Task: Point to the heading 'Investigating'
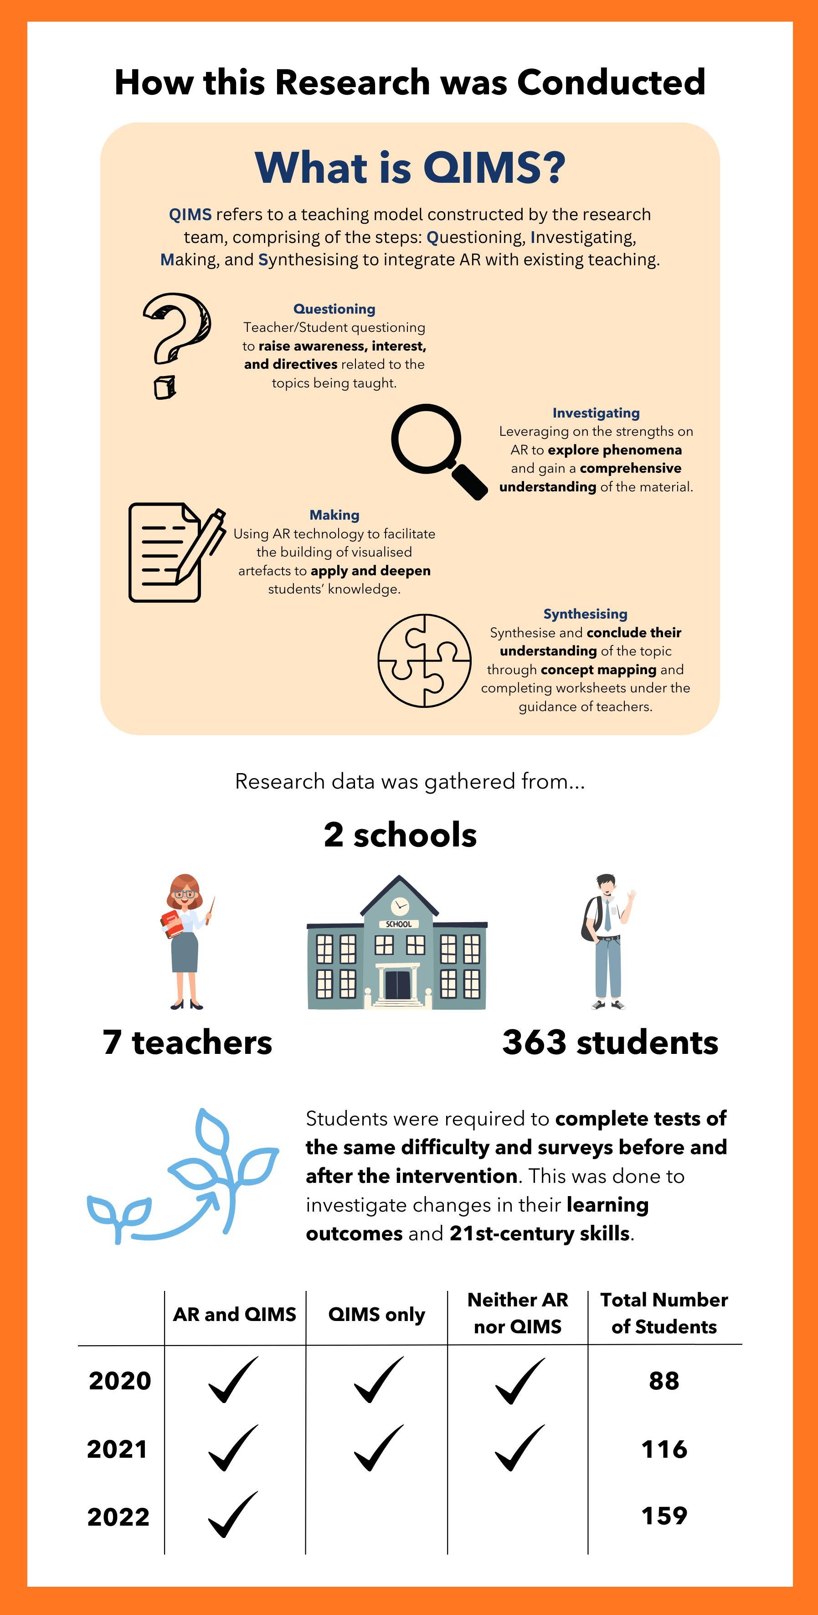[x=596, y=413]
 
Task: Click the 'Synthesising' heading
[x=585, y=614]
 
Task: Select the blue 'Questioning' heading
[x=334, y=309]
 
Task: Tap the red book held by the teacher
[x=171, y=924]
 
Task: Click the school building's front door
[x=397, y=984]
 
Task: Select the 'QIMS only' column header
[x=376, y=1313]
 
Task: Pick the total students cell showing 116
[x=664, y=1449]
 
